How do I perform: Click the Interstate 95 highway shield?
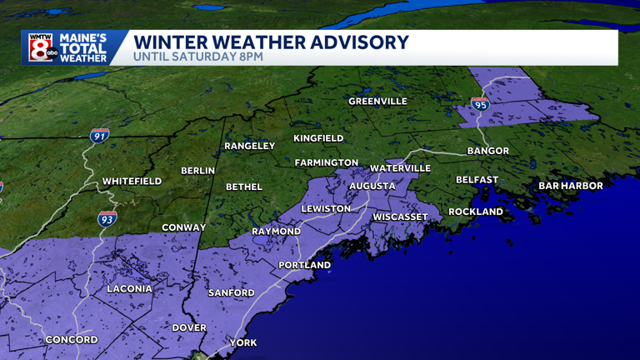pos(479,104)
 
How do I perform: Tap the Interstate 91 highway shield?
pos(99,134)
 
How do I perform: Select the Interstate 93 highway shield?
pos(107,218)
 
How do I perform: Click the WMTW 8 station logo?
pos(41,47)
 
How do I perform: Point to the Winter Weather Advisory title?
pos(271,42)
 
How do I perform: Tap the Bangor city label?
pos(487,151)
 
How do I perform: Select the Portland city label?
pos(305,265)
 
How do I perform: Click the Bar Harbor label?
pos(570,186)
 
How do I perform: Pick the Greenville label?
pos(377,102)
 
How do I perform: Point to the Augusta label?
pos(372,186)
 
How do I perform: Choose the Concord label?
pos(72,339)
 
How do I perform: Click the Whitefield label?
pos(132,181)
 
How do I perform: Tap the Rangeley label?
pos(249,146)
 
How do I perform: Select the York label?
pos(244,342)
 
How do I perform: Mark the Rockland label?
pos(476,212)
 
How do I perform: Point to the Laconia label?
pos(129,288)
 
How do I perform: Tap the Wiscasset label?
pos(400,217)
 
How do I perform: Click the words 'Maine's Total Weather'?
pos(83,47)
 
